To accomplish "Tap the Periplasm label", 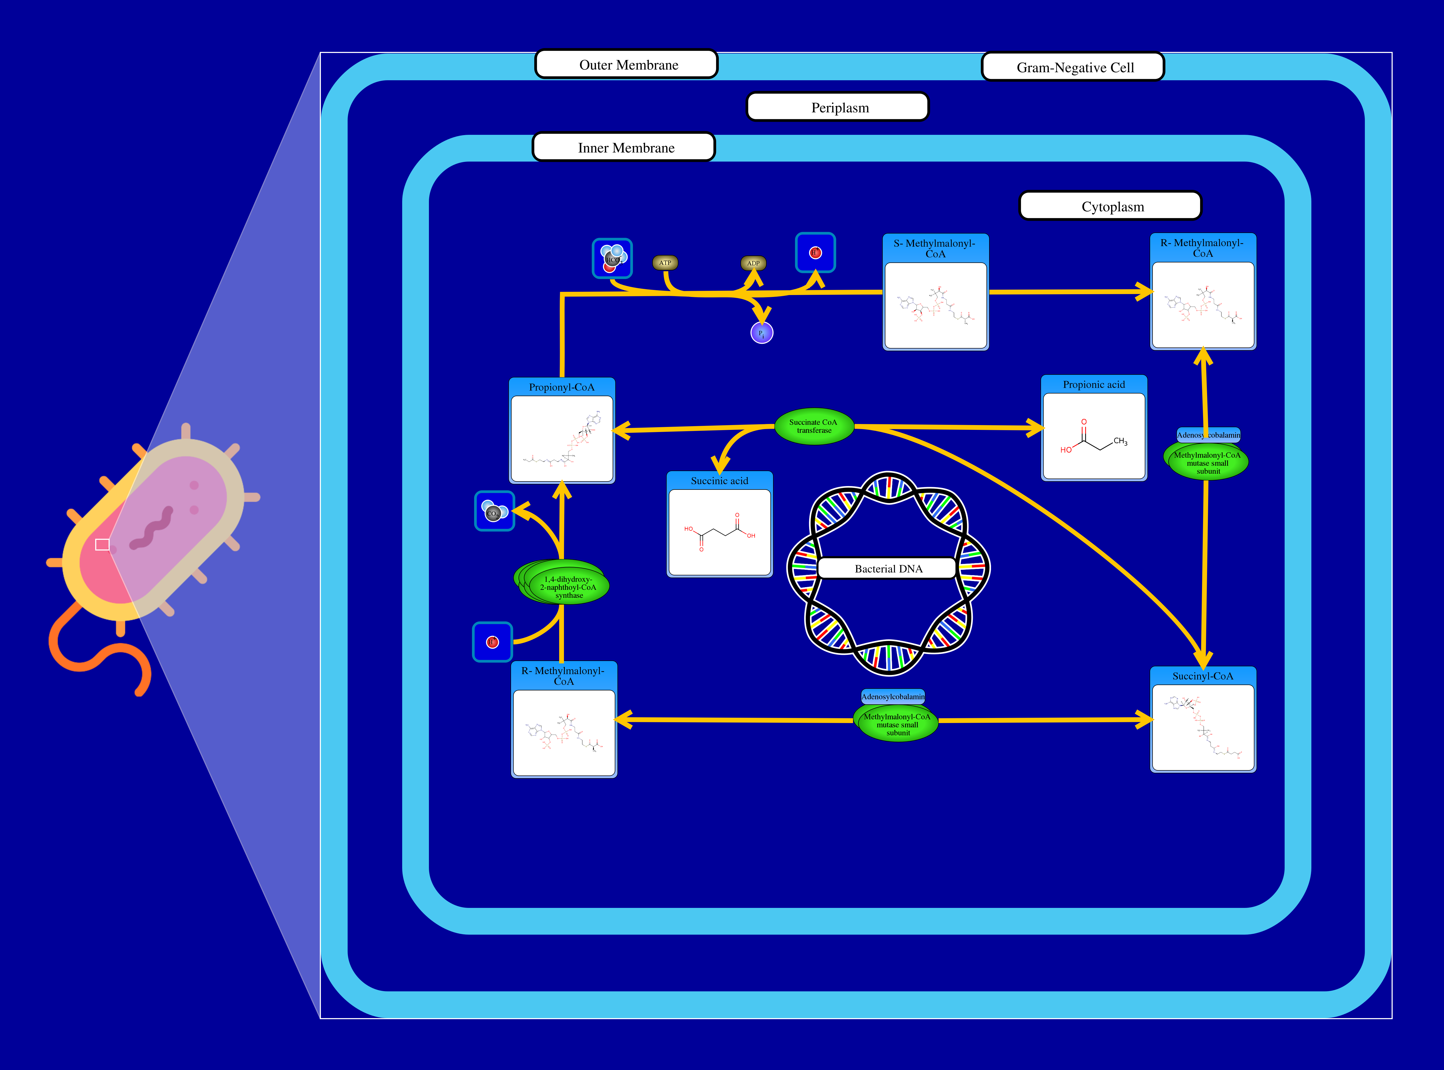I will point(838,108).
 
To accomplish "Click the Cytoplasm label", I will point(1111,207).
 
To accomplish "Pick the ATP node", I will point(665,263).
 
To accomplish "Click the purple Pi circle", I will point(762,333).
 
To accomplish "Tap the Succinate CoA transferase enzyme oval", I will point(814,426).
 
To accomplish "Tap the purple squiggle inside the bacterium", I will point(153,528).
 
